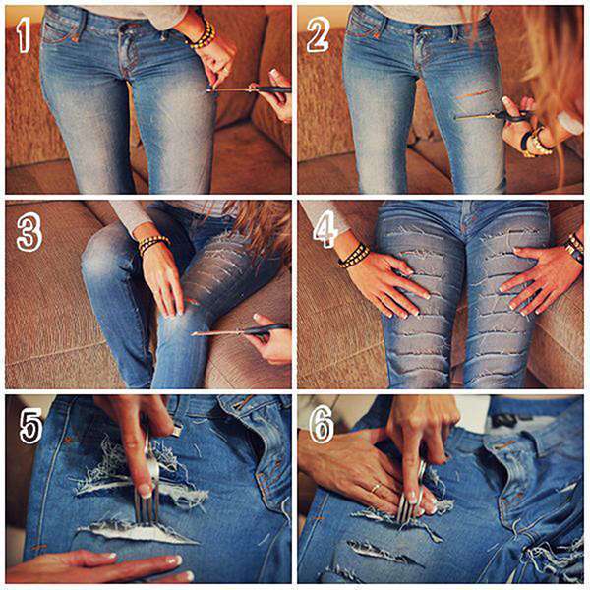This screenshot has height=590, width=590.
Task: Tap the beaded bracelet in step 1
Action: pos(203,34)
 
